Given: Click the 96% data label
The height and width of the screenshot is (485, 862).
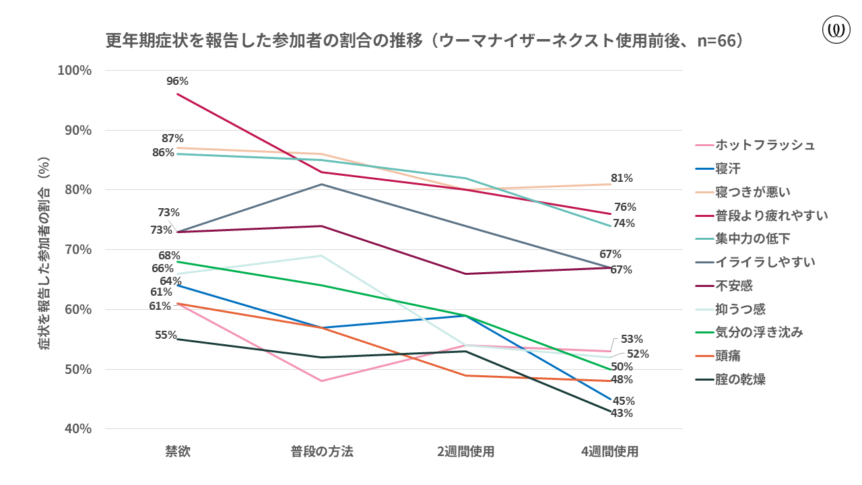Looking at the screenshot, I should point(177,82).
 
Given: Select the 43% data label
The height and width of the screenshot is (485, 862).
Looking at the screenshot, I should point(622,413).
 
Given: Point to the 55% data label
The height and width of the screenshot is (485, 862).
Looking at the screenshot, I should point(166,335).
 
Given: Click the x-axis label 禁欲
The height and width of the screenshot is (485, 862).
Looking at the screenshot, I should point(178,451).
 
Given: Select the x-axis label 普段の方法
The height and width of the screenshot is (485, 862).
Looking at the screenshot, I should point(322,451).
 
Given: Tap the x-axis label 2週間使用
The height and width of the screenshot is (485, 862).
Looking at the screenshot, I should point(465,451).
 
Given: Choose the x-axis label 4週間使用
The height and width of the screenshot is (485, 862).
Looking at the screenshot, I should point(609,451).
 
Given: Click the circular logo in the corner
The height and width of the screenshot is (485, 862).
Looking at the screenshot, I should point(836,30).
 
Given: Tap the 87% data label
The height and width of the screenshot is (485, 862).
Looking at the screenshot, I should point(173,138).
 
